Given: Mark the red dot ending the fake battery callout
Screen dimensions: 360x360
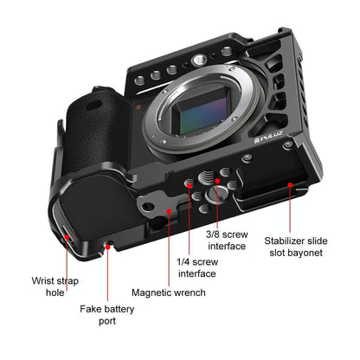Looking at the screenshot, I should [108, 247].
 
